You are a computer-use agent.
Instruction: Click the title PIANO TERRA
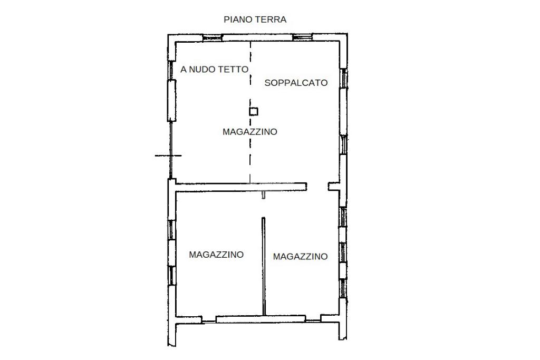click(x=255, y=20)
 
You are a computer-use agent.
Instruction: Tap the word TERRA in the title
click(x=271, y=20)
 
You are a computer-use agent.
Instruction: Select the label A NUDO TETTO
click(x=214, y=69)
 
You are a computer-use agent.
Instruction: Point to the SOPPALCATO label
click(x=296, y=83)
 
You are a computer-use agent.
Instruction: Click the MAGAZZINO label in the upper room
click(x=249, y=131)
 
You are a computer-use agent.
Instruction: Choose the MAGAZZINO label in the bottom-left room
click(x=216, y=255)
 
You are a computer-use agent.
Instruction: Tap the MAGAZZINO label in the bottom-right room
click(x=300, y=256)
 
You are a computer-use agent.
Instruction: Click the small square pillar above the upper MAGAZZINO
click(x=254, y=111)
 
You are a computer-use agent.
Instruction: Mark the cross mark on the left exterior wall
click(x=169, y=155)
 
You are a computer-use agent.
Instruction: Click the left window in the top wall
click(x=212, y=38)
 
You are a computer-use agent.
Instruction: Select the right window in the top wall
click(x=302, y=37)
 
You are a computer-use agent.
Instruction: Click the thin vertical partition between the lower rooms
click(x=264, y=266)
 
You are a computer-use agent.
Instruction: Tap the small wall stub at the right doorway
click(x=334, y=187)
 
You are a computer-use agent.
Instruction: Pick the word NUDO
click(x=199, y=69)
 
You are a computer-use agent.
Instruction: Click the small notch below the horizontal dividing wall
click(x=264, y=195)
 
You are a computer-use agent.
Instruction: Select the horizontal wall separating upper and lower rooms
click(x=241, y=187)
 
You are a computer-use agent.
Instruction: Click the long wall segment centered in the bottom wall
click(x=261, y=319)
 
